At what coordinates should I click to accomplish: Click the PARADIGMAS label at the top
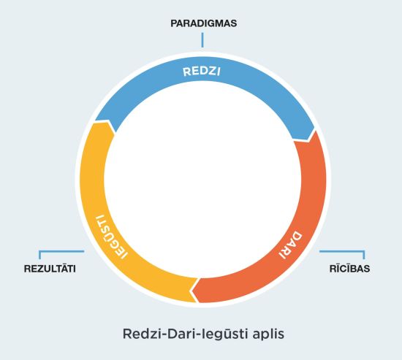203,23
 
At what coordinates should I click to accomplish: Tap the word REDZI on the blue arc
202,72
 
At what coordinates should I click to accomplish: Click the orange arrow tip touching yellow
193,291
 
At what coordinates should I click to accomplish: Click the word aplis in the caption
268,334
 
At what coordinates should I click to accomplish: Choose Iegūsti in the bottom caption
219,334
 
